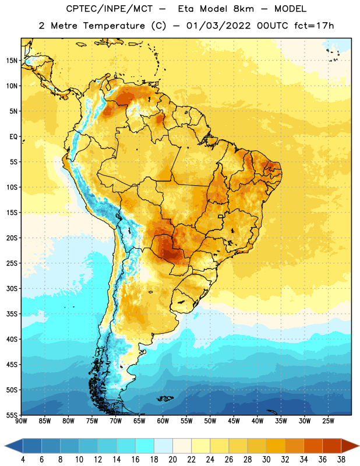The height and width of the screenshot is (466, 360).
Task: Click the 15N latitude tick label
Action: coord(12,61)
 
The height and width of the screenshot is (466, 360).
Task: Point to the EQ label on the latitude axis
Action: coord(13,137)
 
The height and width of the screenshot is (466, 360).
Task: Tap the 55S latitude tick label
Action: coord(12,415)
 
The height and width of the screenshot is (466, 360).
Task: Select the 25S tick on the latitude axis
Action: coord(12,263)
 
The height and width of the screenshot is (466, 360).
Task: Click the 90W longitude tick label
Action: coord(21,421)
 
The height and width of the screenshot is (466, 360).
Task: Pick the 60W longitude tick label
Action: coord(163,421)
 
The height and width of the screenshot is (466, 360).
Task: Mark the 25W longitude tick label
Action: coord(328,421)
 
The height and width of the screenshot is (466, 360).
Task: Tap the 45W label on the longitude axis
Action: coord(234,421)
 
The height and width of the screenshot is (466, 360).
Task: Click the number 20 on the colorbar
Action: coord(172,460)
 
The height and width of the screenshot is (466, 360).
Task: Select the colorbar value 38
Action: coord(341,460)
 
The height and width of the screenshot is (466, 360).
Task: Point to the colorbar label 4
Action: coord(23,460)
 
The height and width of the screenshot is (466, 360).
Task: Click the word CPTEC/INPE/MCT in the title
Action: coord(109,9)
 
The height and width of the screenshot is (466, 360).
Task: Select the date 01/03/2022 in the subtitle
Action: coord(218,26)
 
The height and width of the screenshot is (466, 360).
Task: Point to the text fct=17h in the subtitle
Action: coord(314,26)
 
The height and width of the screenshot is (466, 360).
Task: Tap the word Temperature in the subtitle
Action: coord(114,26)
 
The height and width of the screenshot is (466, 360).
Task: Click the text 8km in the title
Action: coord(243,9)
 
